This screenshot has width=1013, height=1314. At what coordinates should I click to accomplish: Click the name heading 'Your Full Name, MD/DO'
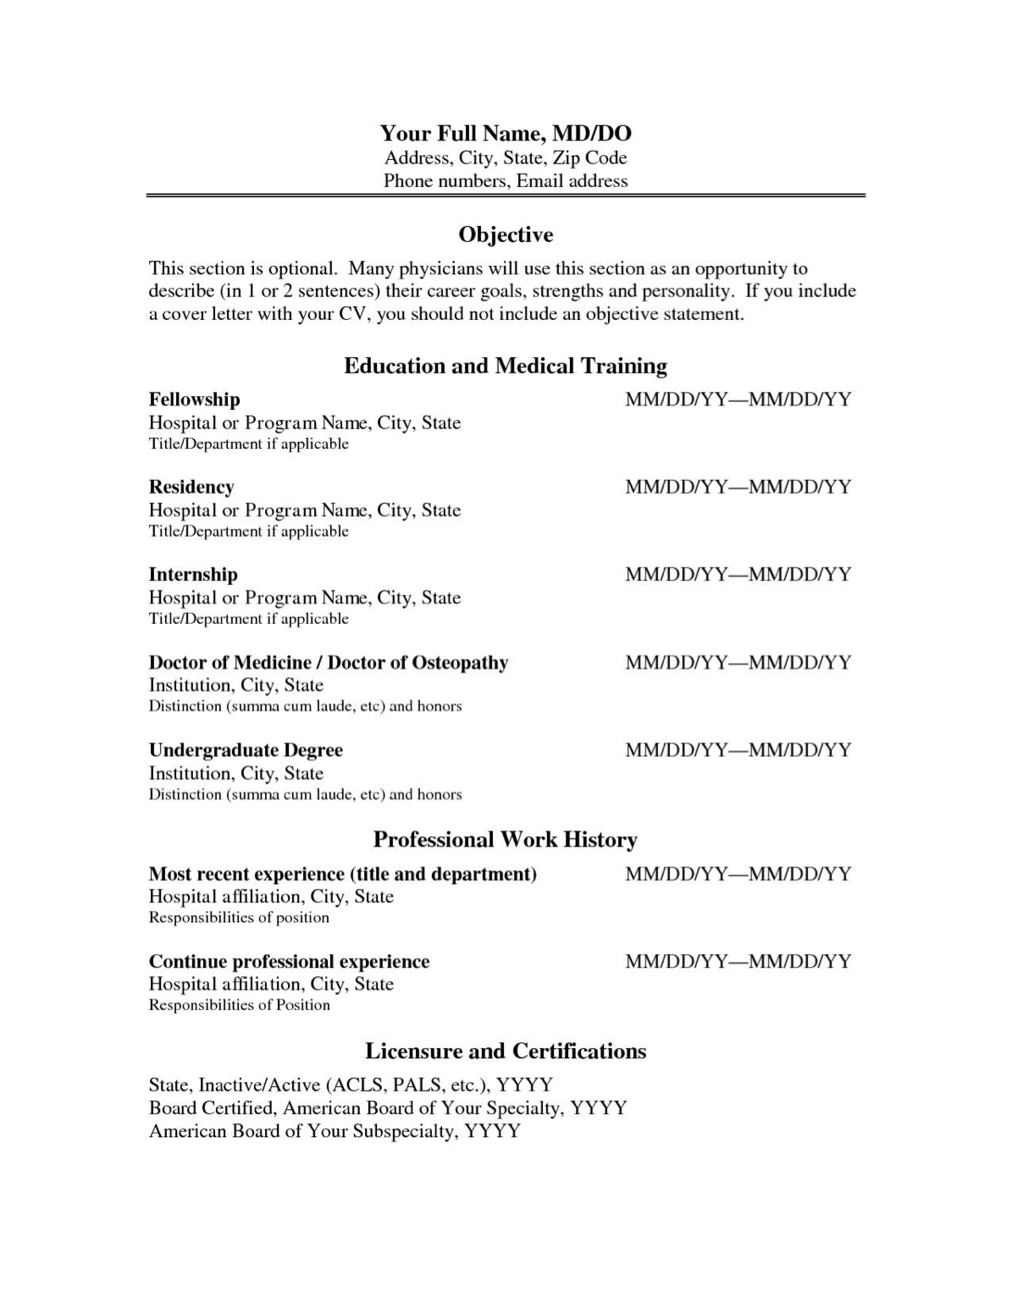[506, 134]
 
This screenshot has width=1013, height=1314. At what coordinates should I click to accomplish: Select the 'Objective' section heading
[506, 235]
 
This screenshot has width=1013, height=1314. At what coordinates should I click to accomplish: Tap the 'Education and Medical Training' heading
[506, 366]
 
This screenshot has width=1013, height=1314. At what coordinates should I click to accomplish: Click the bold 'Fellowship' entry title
[194, 400]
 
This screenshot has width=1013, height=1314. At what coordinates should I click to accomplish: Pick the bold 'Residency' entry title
[191, 487]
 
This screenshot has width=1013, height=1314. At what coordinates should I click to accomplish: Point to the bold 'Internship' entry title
[193, 575]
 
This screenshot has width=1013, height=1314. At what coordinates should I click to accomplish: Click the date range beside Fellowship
[738, 400]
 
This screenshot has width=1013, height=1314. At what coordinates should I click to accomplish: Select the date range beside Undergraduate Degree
[738, 750]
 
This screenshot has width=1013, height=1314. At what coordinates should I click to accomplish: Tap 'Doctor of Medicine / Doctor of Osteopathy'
[329, 663]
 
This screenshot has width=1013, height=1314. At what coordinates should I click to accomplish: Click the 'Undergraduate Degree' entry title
[246, 750]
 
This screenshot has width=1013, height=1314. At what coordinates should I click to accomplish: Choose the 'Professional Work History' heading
[506, 840]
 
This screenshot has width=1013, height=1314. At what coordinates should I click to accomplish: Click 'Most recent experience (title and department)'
[343, 874]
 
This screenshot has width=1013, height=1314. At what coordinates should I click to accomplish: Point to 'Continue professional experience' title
[289, 962]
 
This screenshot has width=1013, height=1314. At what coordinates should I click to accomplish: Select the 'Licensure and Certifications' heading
[506, 1052]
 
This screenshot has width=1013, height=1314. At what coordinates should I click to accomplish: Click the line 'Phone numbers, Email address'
[506, 180]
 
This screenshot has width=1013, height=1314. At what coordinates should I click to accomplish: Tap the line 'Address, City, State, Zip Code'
[506, 157]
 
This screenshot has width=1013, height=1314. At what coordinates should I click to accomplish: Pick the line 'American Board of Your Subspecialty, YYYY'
[335, 1131]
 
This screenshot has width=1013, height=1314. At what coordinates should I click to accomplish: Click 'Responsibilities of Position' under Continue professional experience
[240, 1005]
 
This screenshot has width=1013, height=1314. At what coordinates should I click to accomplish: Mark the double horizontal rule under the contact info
[506, 196]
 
